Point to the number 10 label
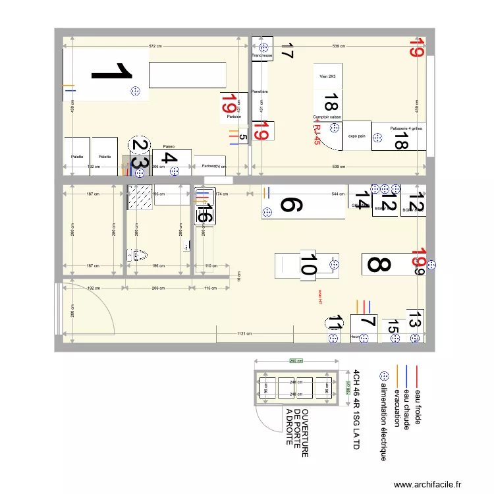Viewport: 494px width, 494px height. pos(308,265)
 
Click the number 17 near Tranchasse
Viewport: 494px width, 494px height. pos(287,51)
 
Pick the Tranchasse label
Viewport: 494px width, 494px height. pos(262,56)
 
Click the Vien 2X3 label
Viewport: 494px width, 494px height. pos(327,76)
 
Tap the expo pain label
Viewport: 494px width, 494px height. pos(356,135)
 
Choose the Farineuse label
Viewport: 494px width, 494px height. pos(209,166)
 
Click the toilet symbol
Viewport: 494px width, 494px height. pos(138,254)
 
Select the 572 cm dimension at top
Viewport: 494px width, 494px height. pos(155,46)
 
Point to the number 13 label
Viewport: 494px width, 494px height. pos(414,320)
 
